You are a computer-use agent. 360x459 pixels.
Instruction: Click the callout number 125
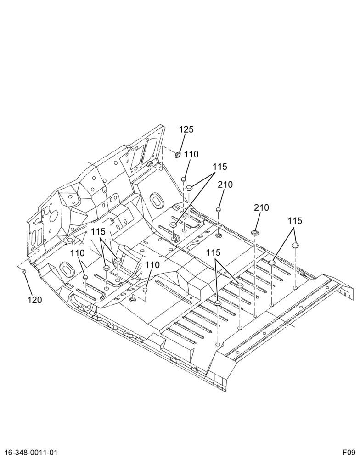point(186,129)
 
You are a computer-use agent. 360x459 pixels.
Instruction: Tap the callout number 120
point(35,300)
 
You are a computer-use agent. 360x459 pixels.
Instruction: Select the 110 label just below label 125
point(191,154)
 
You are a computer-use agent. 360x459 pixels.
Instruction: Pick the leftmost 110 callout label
point(77,253)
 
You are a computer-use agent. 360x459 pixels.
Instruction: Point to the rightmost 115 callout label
point(295,221)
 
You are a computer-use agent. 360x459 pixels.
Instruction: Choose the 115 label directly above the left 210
point(219,167)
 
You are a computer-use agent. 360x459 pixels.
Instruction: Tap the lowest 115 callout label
point(213,252)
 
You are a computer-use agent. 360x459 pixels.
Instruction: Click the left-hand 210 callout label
point(225,185)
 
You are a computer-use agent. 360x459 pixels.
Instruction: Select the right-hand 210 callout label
point(261,207)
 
